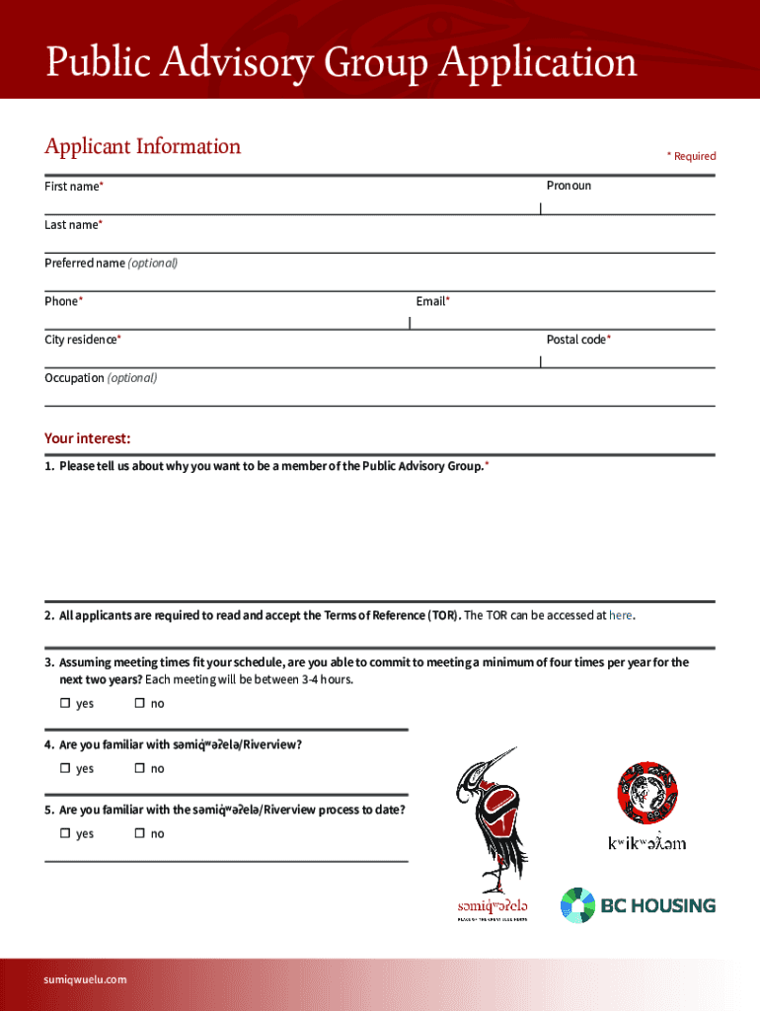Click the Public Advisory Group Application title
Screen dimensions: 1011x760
pos(341,63)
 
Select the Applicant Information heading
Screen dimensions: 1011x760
pos(142,146)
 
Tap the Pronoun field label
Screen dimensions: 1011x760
pos(569,186)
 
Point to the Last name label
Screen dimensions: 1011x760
pos(73,225)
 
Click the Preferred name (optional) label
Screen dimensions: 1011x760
pos(111,264)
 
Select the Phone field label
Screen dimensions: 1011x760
pos(63,301)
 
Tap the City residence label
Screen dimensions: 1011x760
pos(83,340)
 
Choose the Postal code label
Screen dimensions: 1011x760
pos(578,340)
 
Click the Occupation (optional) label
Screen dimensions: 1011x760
pos(100,378)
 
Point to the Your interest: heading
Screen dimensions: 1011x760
pos(87,438)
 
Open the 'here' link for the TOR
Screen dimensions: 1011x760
pos(620,616)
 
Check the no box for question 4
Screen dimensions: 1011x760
pos(140,768)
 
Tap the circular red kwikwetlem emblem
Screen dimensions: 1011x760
pos(646,793)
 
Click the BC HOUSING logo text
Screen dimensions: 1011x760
pos(658,904)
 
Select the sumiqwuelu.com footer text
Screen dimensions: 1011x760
pos(86,979)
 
